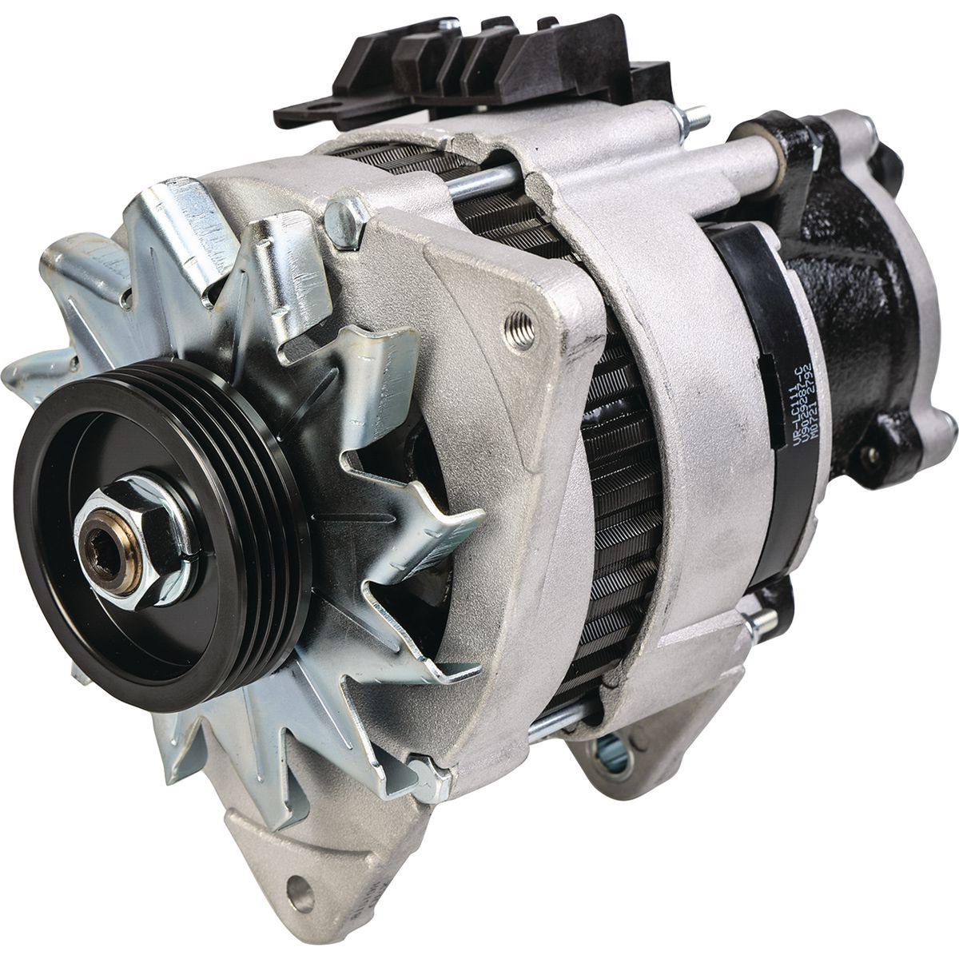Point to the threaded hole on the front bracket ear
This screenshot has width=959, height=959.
point(521,329)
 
